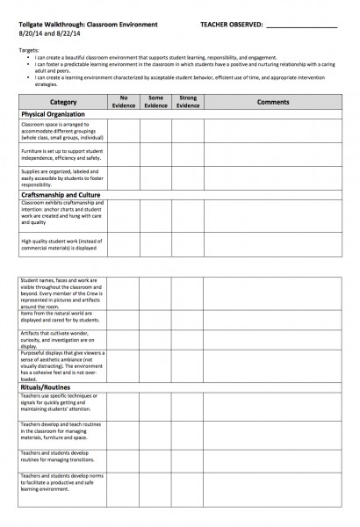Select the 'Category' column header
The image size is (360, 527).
[x=62, y=103]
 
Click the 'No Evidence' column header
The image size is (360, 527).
[x=126, y=103]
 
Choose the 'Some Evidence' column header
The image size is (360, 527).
[x=156, y=103]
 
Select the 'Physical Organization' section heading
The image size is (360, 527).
[x=55, y=115]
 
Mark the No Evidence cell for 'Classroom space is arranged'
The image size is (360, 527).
[x=126, y=131]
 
